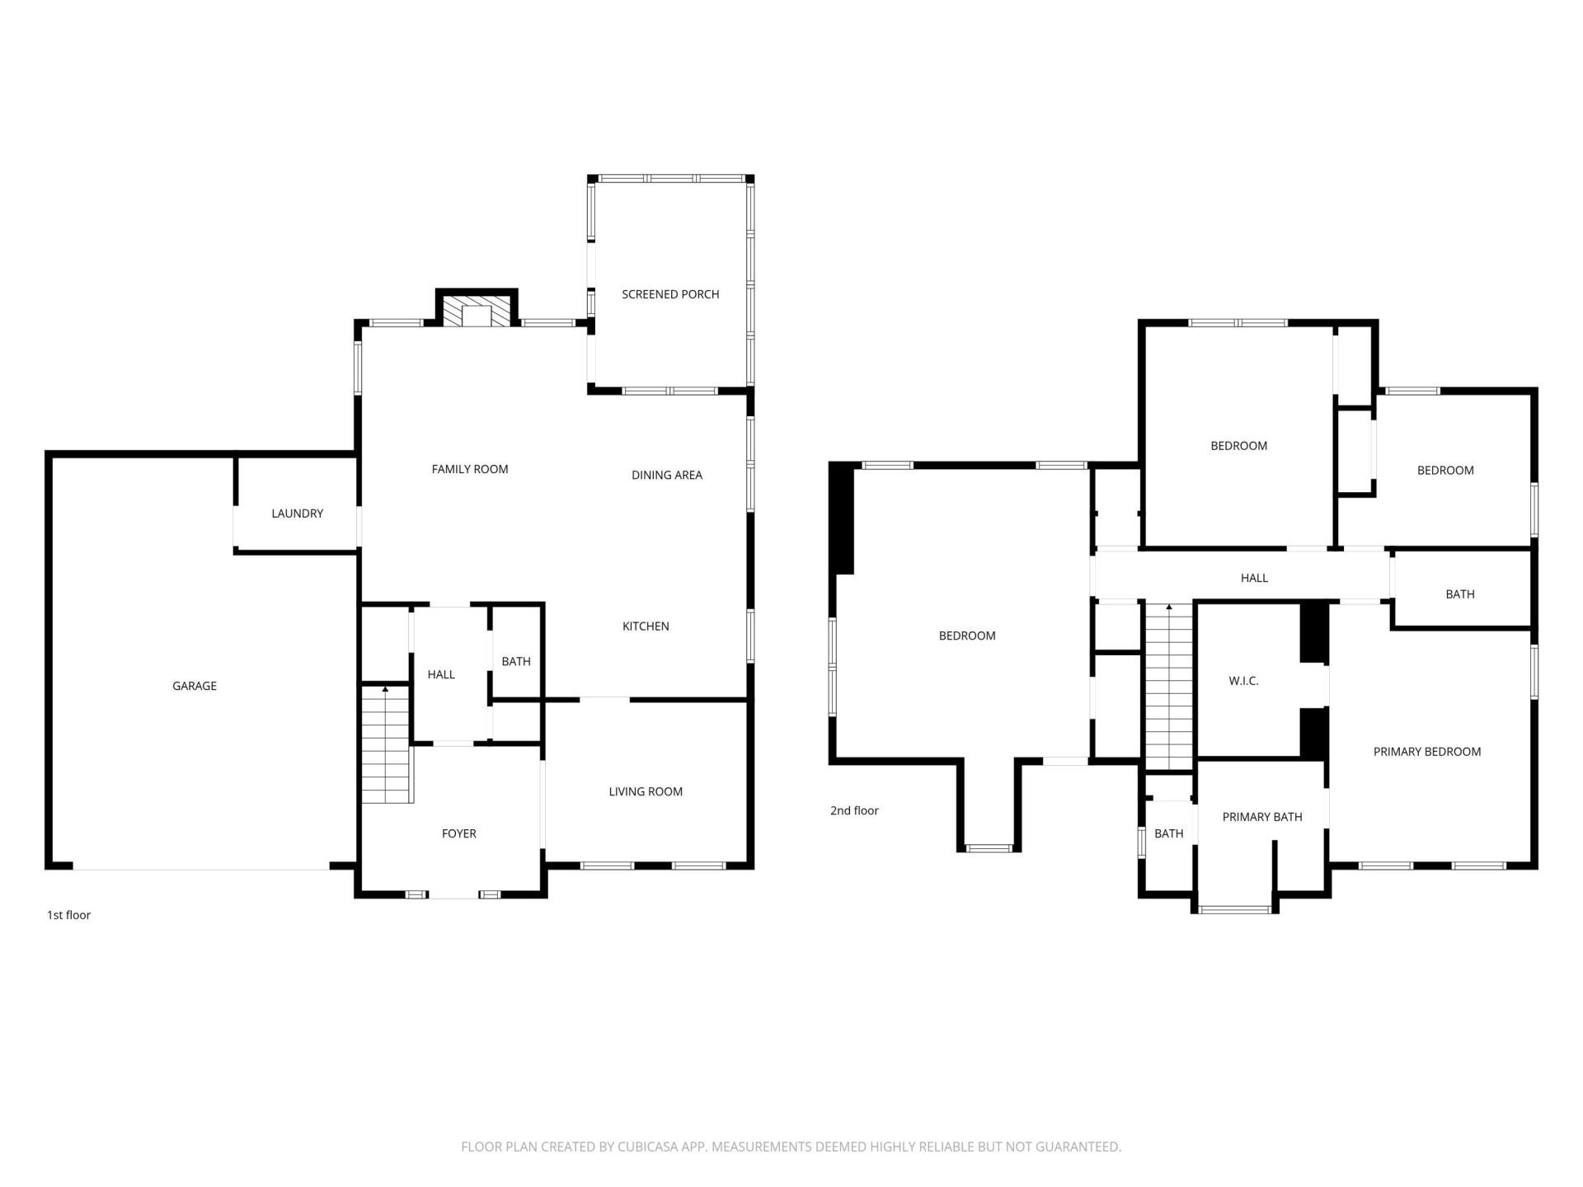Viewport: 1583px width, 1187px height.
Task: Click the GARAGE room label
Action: coord(195,686)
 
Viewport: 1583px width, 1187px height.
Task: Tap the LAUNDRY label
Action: coord(297,514)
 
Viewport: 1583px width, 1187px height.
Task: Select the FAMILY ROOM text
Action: coord(470,469)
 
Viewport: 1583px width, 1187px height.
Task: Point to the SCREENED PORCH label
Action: coord(670,294)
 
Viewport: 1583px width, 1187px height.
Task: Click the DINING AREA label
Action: coord(667,475)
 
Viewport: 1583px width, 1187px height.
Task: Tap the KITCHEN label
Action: coord(646,626)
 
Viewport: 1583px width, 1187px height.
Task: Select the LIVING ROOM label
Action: coord(646,791)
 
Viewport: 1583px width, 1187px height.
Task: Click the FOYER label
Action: coord(459,833)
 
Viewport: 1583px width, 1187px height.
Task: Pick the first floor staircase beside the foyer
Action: coord(386,746)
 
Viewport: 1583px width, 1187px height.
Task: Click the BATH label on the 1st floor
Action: coord(516,661)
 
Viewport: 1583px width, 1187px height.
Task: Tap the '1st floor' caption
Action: coord(68,915)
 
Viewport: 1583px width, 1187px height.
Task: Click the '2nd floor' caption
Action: coord(854,810)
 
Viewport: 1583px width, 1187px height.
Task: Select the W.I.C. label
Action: coord(1243,681)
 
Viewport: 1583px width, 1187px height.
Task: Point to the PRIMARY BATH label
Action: coord(1262,817)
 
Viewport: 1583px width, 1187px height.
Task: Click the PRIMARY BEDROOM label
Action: coord(1427,752)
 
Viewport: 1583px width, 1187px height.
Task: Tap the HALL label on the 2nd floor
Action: coord(1254,578)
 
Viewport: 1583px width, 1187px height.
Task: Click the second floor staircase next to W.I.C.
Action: coord(1169,688)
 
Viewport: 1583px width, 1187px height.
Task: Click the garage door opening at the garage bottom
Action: coord(202,868)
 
